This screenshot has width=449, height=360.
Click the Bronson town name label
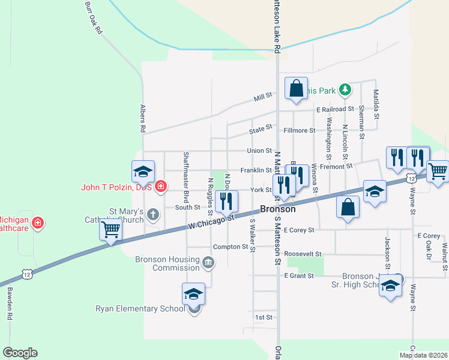click(278, 209)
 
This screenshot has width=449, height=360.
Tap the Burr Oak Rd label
click(92, 19)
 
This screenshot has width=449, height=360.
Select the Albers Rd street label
click(143, 118)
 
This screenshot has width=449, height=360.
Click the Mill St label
click(263, 95)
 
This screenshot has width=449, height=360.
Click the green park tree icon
click(345, 90)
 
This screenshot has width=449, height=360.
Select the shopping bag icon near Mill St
click(296, 89)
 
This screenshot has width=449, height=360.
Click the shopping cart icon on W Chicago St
click(111, 229)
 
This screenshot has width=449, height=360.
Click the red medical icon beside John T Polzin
click(160, 187)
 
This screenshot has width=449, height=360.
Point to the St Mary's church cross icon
click(153, 214)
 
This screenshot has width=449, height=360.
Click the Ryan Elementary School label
click(140, 309)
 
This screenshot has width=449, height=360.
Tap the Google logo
click(20, 353)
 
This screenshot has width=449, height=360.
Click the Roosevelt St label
click(304, 254)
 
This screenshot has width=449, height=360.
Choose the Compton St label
click(231, 247)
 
